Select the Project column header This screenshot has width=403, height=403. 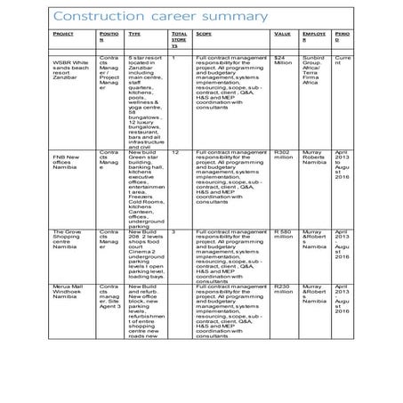click(63, 33)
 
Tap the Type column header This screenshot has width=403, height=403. click(134, 33)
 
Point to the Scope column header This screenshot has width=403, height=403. click(204, 33)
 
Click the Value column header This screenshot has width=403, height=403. click(283, 33)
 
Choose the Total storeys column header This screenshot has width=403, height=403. click(179, 39)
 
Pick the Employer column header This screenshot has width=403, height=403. click(314, 36)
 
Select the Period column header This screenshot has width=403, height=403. click(343, 36)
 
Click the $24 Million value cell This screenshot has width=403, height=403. click(284, 60)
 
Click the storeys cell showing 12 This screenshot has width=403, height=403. click(176, 152)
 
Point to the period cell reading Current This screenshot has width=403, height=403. click(343, 60)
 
